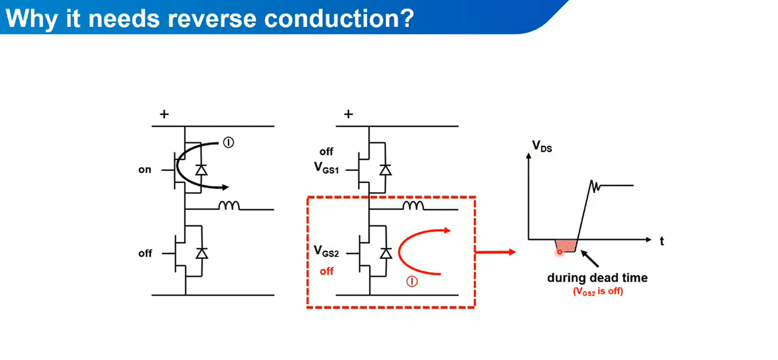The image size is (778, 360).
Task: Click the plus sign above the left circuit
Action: [164, 114]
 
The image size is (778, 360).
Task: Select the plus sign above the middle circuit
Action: [348, 114]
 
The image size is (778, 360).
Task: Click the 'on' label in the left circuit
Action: [145, 170]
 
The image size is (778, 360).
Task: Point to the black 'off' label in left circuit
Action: [145, 253]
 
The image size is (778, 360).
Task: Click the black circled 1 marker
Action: [229, 142]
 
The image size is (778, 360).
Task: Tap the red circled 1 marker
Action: [413, 282]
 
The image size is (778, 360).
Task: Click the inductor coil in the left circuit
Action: [230, 206]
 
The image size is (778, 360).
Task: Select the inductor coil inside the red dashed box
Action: [413, 206]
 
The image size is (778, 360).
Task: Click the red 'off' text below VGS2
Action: [326, 271]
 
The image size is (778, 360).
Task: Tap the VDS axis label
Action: [542, 146]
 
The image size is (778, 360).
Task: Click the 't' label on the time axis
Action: [661, 241]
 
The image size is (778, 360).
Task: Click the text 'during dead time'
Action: [597, 278]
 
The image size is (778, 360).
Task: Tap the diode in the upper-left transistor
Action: [200, 170]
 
